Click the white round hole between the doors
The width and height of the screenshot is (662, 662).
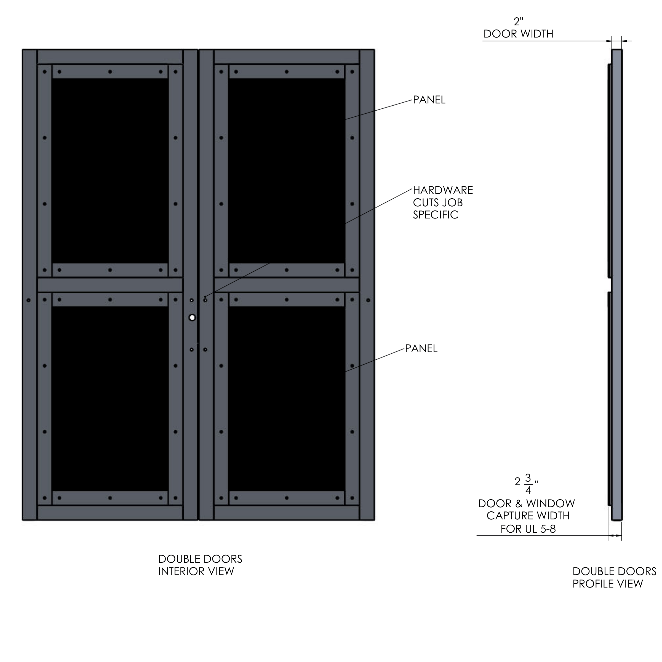click(192, 318)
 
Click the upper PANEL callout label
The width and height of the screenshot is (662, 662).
click(429, 100)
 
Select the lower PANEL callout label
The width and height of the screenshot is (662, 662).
click(421, 348)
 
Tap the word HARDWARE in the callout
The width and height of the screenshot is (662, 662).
click(443, 190)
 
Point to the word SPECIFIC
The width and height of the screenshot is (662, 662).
click(436, 215)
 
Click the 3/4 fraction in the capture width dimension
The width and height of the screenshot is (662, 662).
click(528, 484)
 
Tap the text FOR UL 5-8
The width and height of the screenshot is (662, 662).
click(528, 529)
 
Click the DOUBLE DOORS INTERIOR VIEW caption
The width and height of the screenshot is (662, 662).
click(200, 565)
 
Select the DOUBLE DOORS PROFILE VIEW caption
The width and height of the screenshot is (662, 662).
click(614, 577)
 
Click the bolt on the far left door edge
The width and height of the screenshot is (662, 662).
click(28, 300)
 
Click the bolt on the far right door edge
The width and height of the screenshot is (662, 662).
click(368, 300)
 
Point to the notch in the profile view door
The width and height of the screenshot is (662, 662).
click(610, 284)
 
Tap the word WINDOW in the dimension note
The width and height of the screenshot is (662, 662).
click(551, 503)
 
